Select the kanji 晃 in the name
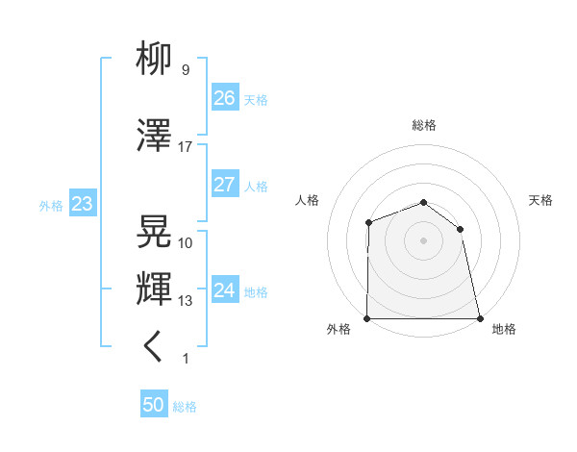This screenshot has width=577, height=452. coord(155,232)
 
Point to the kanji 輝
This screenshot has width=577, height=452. coord(155,289)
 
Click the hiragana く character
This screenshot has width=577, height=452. coord(154,347)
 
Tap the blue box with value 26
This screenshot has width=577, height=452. coord(225,97)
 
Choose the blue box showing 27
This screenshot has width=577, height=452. coord(225,185)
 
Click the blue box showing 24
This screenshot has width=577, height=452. coord(225,290)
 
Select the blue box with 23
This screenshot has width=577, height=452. coord(82,205)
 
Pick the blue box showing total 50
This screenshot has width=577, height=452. coord(154,405)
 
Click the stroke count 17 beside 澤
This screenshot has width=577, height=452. coord(186,147)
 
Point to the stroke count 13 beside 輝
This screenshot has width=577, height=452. coord(186,301)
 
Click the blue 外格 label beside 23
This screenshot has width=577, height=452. coord(51,206)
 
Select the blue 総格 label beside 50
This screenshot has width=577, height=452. coord(185,407)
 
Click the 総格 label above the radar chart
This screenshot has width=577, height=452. coord(424,125)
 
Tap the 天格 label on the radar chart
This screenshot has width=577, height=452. coord(541,200)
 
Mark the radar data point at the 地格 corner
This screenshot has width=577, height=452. coord(479,318)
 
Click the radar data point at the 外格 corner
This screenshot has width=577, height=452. coord(367,318)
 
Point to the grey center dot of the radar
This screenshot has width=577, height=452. coord(423,240)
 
